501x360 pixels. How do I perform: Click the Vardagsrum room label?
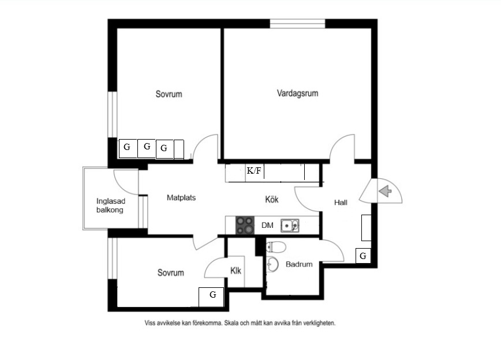pos(297,93)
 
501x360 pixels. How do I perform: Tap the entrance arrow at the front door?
pos(386,191)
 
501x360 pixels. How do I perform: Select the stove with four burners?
pos(245,225)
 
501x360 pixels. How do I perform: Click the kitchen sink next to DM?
pos(290,226)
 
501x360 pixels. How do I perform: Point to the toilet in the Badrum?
pos(276,246)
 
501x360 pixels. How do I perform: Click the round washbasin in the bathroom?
pos(272,264)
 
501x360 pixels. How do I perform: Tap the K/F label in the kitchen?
pos(254,171)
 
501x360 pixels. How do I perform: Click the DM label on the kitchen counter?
pos(267,225)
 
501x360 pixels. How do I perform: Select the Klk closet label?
pos(236,271)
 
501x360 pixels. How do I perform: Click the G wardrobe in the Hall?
pos(363,256)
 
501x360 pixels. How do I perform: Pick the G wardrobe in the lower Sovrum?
pos(211,297)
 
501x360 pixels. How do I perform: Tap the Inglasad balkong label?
pos(110,205)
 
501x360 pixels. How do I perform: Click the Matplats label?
pos(181,198)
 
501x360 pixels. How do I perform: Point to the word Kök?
pos(272,199)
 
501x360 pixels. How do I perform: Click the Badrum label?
pos(299,264)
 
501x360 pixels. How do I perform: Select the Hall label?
pos(341,202)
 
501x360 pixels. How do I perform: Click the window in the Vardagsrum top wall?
pos(297,24)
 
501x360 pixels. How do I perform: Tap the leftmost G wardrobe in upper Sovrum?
pos(128,148)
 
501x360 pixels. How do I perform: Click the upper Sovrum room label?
pos(169,94)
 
